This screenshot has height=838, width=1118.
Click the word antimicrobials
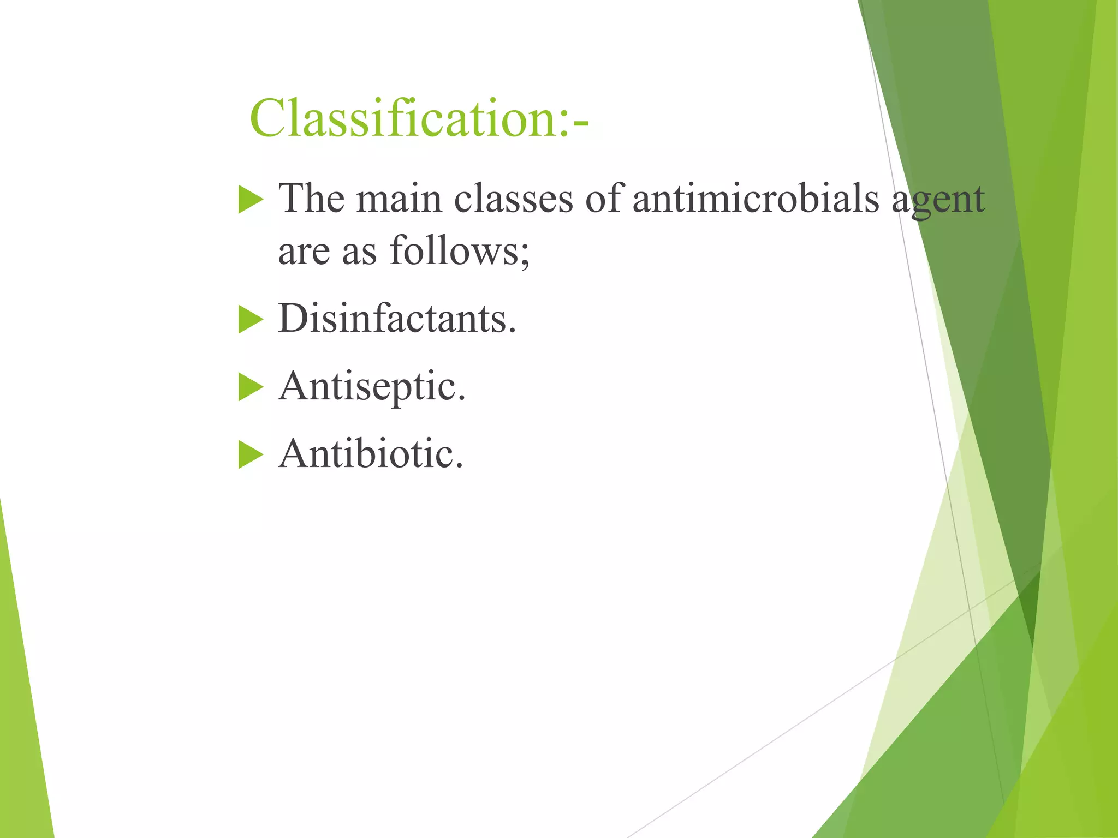click(756, 198)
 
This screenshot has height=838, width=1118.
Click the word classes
click(513, 198)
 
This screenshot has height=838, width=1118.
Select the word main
click(399, 198)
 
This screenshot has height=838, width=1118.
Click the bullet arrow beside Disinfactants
click(251, 320)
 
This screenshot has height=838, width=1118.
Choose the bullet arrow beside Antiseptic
click(251, 388)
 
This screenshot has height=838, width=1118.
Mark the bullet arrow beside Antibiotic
click(251, 455)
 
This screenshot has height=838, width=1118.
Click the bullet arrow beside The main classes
click(251, 200)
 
